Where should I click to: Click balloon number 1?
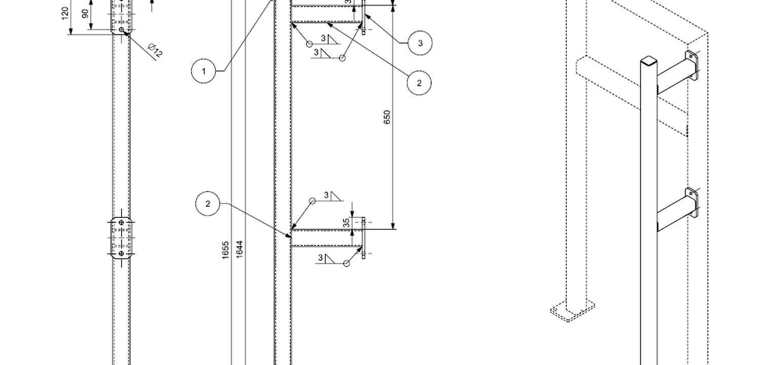pyautogui.click(x=204, y=71)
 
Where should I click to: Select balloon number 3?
pyautogui.click(x=420, y=43)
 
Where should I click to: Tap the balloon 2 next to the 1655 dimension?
pyautogui.click(x=208, y=204)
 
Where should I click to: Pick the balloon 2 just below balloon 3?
pyautogui.click(x=419, y=83)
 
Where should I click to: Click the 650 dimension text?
pyautogui.click(x=387, y=117)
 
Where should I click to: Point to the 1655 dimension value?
pyautogui.click(x=226, y=249)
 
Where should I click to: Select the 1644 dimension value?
pyautogui.click(x=239, y=249)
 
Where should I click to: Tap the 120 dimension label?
pyautogui.click(x=65, y=14)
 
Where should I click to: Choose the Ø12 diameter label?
pyautogui.click(x=156, y=51)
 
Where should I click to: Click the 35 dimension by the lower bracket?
pyautogui.click(x=347, y=223)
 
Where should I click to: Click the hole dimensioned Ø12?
pyautogui.click(x=122, y=30)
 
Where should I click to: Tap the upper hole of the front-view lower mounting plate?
pyautogui.click(x=121, y=223)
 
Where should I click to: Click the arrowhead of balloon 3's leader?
pyautogui.click(x=366, y=16)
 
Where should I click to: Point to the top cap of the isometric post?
pyautogui.click(x=648, y=62)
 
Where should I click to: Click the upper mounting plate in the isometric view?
pyautogui.click(x=692, y=64)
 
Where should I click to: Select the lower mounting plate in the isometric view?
pyautogui.click(x=691, y=202)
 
